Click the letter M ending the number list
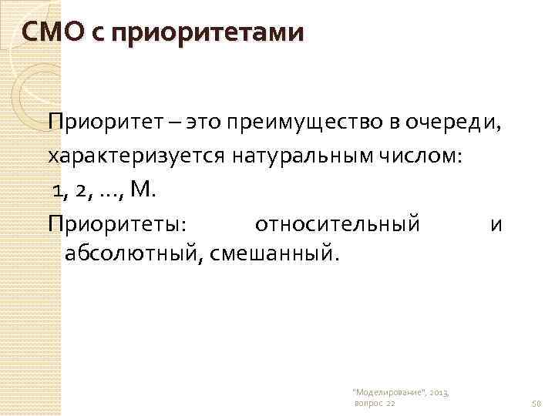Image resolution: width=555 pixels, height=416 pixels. pyautogui.click(x=144, y=190)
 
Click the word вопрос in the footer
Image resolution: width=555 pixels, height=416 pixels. pyautogui.click(x=368, y=403)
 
